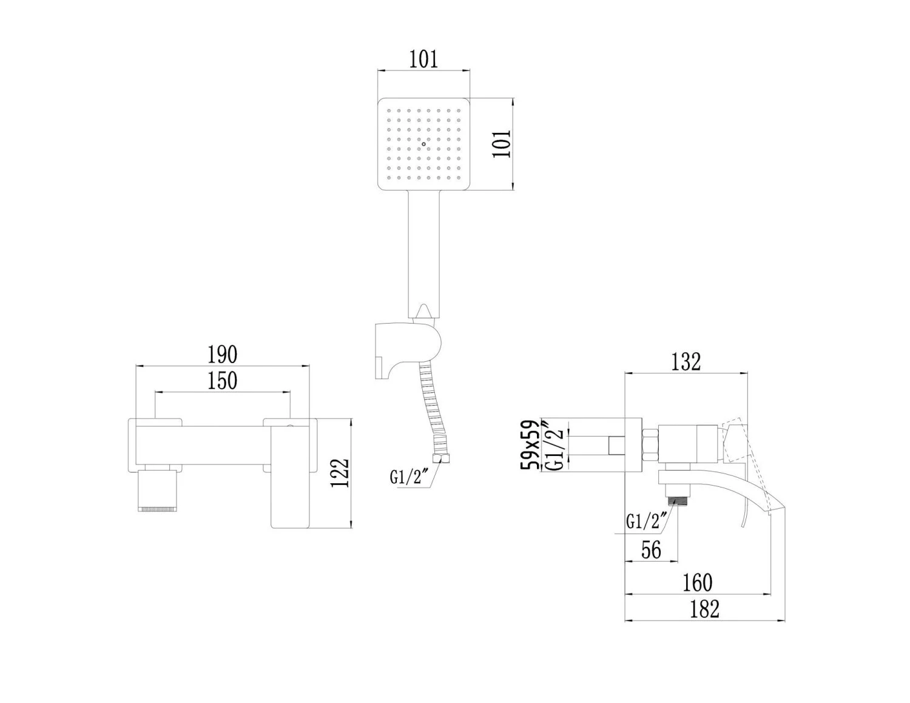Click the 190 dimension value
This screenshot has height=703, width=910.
tap(223, 355)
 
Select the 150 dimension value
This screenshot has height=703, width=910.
tap(223, 381)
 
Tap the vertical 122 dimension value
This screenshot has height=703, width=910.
tap(340, 473)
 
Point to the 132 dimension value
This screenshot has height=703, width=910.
tap(686, 362)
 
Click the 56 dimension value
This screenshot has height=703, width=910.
tap(651, 549)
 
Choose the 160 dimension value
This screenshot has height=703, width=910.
tap(697, 582)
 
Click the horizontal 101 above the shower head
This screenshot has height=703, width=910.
tap(423, 59)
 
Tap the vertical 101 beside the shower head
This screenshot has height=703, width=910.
tap(502, 143)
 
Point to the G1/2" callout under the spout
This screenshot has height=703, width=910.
tap(646, 522)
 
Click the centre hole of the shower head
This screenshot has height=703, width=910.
tap(424, 144)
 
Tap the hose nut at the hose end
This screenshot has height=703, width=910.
tap(442, 459)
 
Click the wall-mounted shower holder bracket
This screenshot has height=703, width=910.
tap(408, 351)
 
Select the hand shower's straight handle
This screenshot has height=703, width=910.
tap(424, 254)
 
